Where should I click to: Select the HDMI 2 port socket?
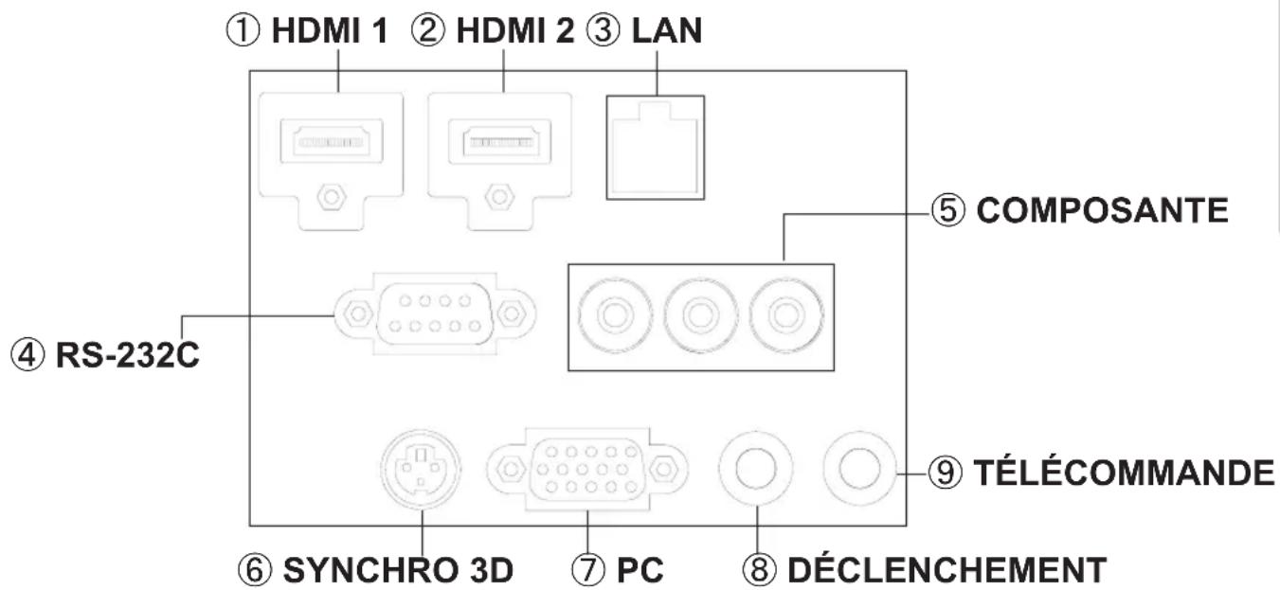click(500, 142)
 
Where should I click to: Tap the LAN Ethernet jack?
click(656, 148)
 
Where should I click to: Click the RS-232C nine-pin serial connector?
click(435, 313)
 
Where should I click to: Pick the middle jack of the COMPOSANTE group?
click(700, 315)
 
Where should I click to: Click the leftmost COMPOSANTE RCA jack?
click(615, 315)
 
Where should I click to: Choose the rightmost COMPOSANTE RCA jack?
click(786, 315)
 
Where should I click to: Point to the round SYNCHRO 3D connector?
click(422, 470)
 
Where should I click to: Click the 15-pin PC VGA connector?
click(587, 470)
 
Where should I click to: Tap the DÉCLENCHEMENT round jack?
click(756, 469)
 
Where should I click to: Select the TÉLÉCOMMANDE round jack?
click(860, 469)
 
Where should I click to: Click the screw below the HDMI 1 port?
click(331, 196)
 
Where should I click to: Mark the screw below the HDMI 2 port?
click(499, 196)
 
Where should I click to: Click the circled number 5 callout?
click(948, 209)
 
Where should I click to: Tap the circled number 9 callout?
click(945, 473)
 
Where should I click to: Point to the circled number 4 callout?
click(27, 355)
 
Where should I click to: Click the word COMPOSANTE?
click(1102, 210)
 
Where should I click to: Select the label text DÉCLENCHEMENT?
click(947, 569)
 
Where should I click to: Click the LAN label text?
click(667, 30)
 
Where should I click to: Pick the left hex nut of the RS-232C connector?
click(358, 313)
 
